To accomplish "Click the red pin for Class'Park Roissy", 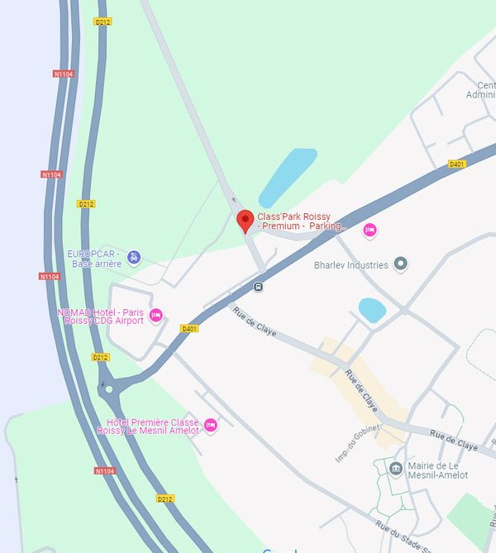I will (245, 221).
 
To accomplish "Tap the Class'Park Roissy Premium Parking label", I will (299, 222).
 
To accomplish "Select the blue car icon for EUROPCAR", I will (135, 257).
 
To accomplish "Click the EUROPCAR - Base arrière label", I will (95, 259).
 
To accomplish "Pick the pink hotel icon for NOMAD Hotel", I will (155, 315).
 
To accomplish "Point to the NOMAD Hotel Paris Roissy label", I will (100, 317).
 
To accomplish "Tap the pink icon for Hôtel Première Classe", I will (211, 425).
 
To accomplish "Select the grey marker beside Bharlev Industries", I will (401, 265).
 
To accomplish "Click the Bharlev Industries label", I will (351, 265).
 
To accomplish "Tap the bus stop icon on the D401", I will (259, 287).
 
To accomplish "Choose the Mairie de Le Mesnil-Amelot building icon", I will (396, 469).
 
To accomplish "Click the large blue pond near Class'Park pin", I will (288, 177).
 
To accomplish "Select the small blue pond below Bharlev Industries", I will (372, 310).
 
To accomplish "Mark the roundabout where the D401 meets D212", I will (107, 388).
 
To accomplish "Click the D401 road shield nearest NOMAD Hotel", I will (189, 329).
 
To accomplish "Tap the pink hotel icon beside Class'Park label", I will (370, 231).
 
